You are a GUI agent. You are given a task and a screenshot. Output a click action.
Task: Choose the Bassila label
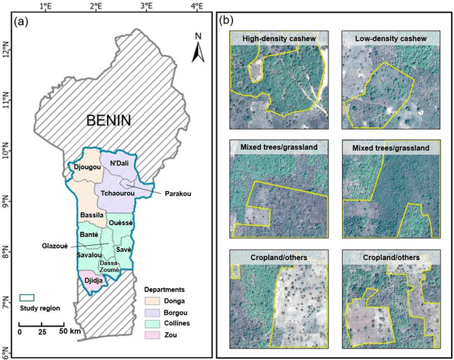[92, 214]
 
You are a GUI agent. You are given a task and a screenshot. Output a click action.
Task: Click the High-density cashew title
[279, 38]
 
